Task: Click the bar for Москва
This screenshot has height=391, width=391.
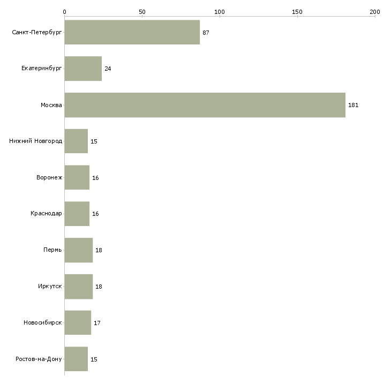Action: click(205, 105)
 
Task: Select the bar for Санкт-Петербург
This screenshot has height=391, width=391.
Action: click(132, 33)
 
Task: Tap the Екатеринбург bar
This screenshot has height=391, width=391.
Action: click(83, 69)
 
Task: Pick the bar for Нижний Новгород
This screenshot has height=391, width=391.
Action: click(76, 141)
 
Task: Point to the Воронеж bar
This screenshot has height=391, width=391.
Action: click(77, 178)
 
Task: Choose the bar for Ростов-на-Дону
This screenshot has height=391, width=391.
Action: click(76, 359)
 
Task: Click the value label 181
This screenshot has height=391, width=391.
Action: click(353, 105)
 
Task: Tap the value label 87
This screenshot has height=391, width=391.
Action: click(206, 33)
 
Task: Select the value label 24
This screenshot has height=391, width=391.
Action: click(108, 69)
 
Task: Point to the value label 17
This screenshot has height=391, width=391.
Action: click(97, 323)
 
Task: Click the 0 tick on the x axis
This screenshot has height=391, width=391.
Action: click(64, 11)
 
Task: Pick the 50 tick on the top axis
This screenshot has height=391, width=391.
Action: click(142, 11)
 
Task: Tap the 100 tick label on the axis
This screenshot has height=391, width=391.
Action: click(220, 11)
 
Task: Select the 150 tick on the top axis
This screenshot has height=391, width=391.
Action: click(297, 11)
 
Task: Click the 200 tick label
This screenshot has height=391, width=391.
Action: click(375, 11)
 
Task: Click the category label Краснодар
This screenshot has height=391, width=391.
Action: click(46, 214)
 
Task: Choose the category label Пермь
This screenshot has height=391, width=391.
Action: click(52, 250)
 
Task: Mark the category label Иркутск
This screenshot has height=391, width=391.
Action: click(49, 287)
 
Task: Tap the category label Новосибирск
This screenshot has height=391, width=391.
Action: click(43, 323)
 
